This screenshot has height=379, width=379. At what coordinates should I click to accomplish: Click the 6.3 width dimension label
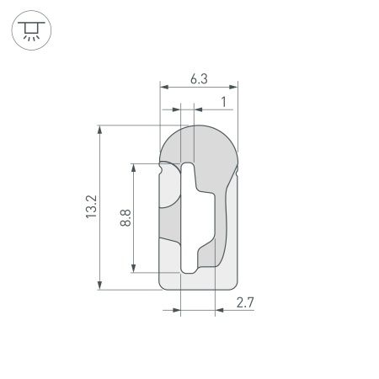199,79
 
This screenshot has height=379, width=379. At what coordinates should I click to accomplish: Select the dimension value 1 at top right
222,101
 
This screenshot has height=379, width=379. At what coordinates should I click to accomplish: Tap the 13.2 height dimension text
92,207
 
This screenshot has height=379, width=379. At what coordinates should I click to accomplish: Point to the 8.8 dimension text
125,218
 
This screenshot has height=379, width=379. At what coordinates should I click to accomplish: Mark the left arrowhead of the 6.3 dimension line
163,87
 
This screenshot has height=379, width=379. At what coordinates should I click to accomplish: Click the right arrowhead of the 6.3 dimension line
235,87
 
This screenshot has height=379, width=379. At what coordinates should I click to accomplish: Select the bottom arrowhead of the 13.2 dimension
101,286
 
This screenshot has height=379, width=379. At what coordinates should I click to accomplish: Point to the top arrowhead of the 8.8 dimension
134,166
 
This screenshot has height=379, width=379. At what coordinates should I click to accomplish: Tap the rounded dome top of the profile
199,139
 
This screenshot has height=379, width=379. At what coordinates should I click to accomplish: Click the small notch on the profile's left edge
161,167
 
